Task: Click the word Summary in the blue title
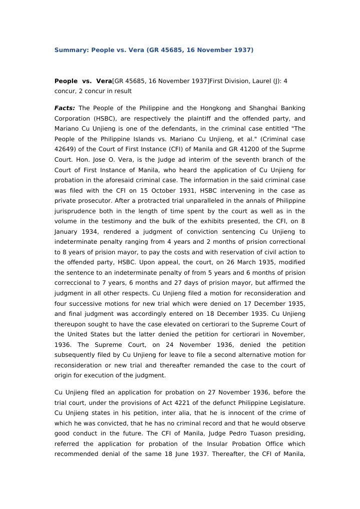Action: click(70, 50)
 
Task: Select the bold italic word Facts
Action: click(65, 108)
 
